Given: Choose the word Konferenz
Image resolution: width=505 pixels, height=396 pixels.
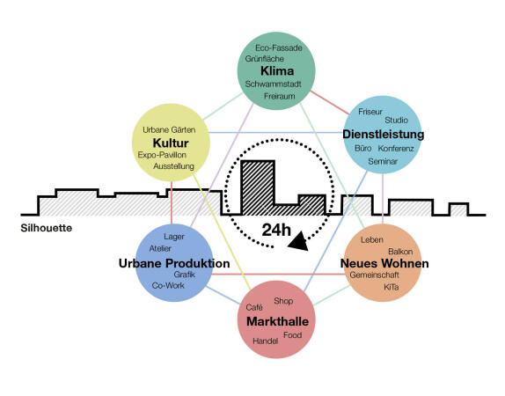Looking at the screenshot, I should pyautogui.click(x=396, y=150).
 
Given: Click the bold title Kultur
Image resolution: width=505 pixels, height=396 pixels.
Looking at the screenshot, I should pyautogui.click(x=171, y=143).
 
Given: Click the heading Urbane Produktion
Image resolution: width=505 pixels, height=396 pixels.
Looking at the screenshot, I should pyautogui.click(x=174, y=263).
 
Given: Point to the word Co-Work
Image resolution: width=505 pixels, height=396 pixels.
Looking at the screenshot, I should pyautogui.click(x=169, y=285).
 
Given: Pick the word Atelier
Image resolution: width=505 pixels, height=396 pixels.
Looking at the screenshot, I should pyautogui.click(x=162, y=249).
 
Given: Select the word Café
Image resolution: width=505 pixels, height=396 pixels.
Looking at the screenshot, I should pyautogui.click(x=254, y=307).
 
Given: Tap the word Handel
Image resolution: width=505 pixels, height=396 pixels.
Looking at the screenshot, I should pyautogui.click(x=265, y=341).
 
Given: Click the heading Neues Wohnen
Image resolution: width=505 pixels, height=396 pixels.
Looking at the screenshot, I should pyautogui.click(x=384, y=263).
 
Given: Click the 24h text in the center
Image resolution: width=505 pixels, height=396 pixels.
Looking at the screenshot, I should pyautogui.click(x=275, y=230).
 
